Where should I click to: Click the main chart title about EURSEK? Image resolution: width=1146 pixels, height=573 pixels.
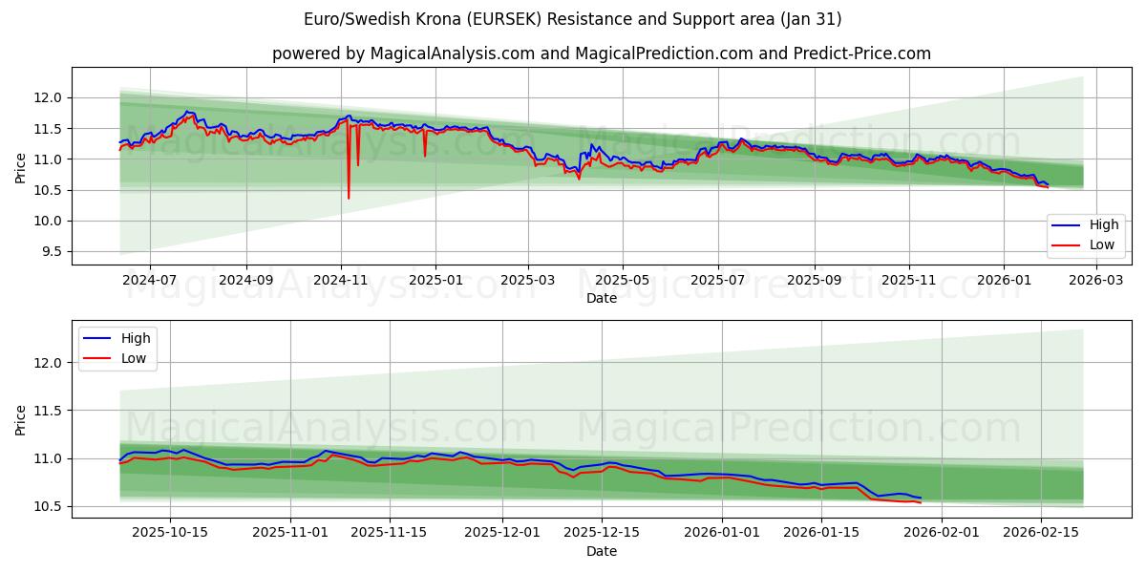pos(572,19)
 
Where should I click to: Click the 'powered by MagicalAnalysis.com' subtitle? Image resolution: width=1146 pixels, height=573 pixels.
pos(601,53)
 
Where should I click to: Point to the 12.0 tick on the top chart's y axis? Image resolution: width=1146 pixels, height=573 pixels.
pos(47,97)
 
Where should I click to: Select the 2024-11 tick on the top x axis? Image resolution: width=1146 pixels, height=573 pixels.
pos(340,281)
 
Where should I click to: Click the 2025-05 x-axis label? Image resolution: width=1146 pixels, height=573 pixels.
pos(623,281)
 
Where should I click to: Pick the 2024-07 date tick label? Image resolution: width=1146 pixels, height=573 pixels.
pos(150,281)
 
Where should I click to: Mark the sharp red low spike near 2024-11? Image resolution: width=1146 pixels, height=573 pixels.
pos(349,196)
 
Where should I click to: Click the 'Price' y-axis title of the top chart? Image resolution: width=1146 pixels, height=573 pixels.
pos(21,166)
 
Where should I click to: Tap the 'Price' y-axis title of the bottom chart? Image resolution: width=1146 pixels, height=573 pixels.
pos(21,419)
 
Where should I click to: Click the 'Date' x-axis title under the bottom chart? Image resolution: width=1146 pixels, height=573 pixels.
pos(601,551)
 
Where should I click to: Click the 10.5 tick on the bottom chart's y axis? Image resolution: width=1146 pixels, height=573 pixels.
pos(47,507)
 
